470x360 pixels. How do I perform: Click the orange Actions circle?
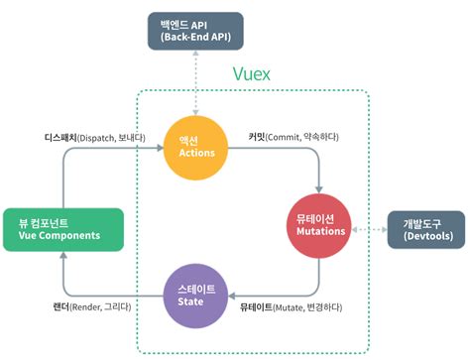tap(195, 147)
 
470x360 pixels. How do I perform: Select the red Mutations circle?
tap(320, 226)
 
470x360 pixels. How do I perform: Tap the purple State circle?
tap(195, 295)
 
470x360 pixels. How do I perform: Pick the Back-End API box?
tap(195, 31)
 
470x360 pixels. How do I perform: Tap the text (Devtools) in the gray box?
tap(423, 238)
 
